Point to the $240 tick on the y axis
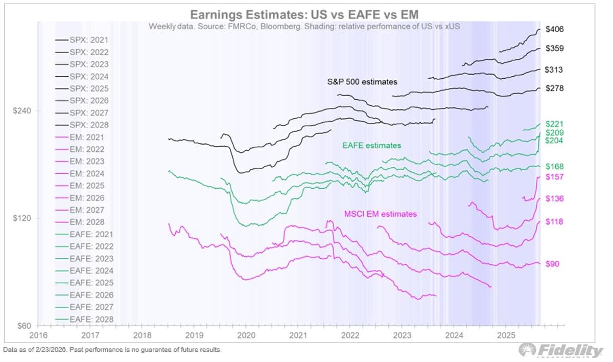click(x=22, y=111)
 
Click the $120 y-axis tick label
click(x=22, y=218)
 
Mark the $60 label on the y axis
click(x=24, y=326)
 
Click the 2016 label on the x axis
click(x=38, y=335)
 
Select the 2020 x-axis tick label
click(x=246, y=335)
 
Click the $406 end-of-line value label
click(x=554, y=30)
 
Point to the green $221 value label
click(x=554, y=124)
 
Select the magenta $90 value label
click(x=552, y=264)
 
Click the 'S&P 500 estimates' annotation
click(x=362, y=81)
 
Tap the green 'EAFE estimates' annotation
click(x=371, y=146)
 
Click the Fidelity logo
click(x=561, y=350)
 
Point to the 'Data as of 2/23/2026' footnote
click(x=112, y=350)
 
